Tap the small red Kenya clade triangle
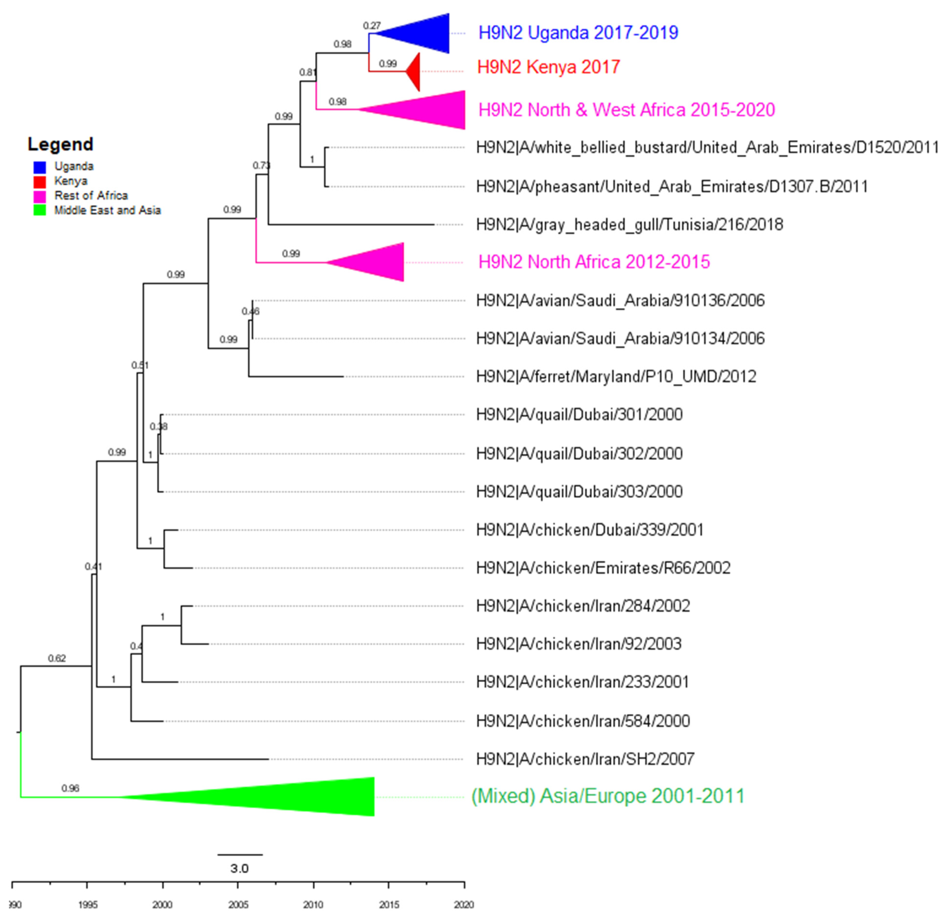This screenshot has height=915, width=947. [414, 72]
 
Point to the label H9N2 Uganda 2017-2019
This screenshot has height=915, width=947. [578, 33]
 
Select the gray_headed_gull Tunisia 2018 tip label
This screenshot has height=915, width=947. [629, 225]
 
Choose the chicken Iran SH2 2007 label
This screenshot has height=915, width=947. [585, 759]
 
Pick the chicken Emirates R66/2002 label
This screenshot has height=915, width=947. [603, 568]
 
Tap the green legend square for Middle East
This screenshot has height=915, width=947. [40, 210]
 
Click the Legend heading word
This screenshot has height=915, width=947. [60, 144]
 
